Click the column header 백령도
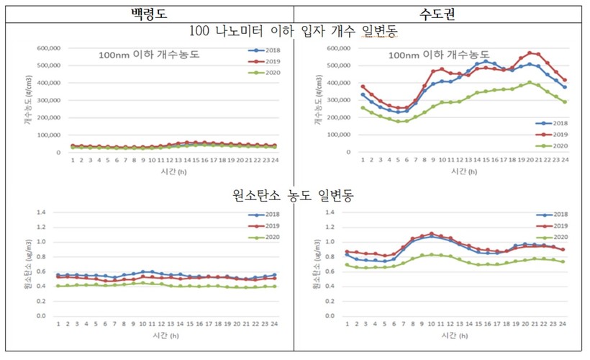coord(147,13)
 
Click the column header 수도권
coord(440,13)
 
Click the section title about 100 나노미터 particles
coord(295,32)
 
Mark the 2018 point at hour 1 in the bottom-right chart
coord(348,254)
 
